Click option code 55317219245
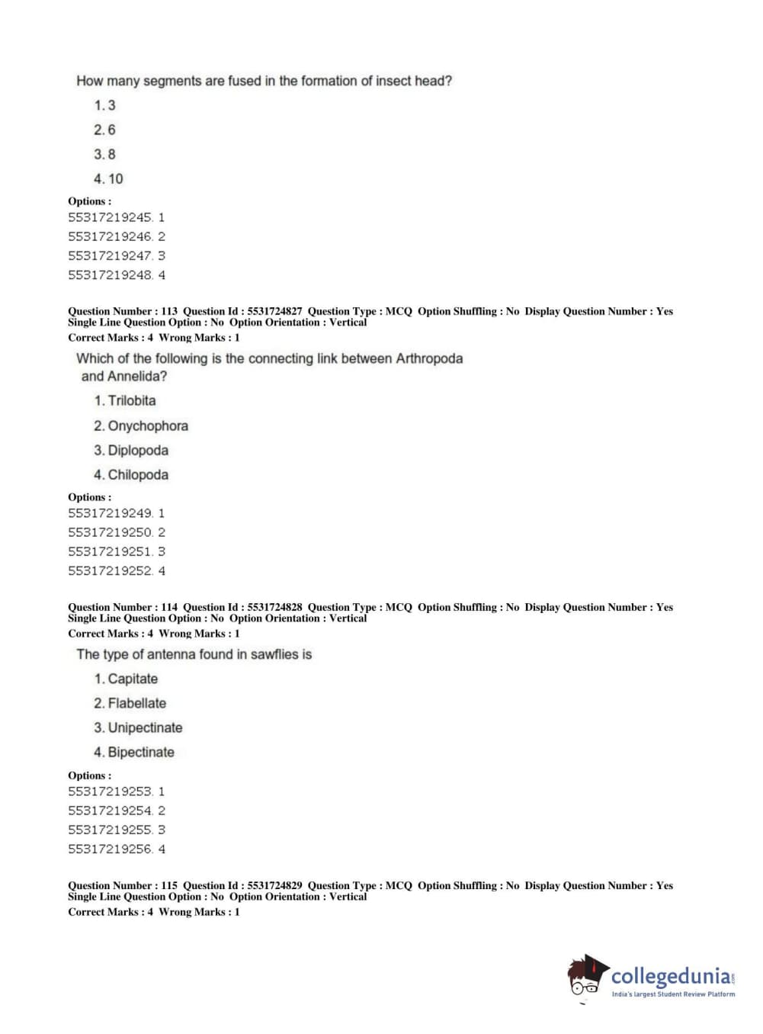pos(110,217)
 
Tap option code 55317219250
pos(110,532)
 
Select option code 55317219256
pos(110,849)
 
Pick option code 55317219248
pos(110,275)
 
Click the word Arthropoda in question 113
pos(429,358)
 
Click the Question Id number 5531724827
pos(274,311)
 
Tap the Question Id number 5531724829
pos(274,885)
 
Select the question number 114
pos(169,607)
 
